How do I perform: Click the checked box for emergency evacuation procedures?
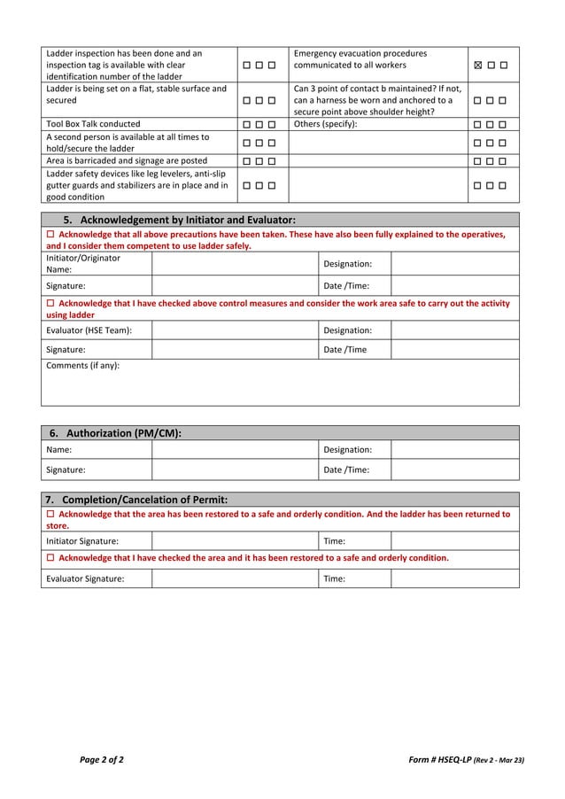pyautogui.click(x=479, y=66)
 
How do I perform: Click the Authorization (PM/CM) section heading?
pyautogui.click(x=115, y=432)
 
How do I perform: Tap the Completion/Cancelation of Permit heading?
pyautogui.click(x=138, y=499)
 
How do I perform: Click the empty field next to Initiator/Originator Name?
pyautogui.click(x=234, y=264)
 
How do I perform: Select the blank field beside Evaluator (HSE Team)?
pyautogui.click(x=234, y=330)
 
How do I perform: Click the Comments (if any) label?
pyautogui.click(x=82, y=365)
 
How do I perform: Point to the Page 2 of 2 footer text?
pyautogui.click(x=102, y=759)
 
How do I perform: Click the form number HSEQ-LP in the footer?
pyautogui.click(x=437, y=759)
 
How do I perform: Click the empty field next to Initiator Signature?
pyautogui.click(x=234, y=541)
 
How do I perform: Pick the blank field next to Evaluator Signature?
pyautogui.click(x=234, y=579)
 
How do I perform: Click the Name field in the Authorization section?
pyautogui.click(x=234, y=450)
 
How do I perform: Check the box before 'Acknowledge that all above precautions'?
pyautogui.click(x=50, y=235)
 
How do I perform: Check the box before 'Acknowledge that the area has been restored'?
pyautogui.click(x=50, y=515)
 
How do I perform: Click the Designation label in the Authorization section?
pyautogui.click(x=347, y=450)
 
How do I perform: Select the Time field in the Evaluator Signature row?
pyautogui.click(x=454, y=579)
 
